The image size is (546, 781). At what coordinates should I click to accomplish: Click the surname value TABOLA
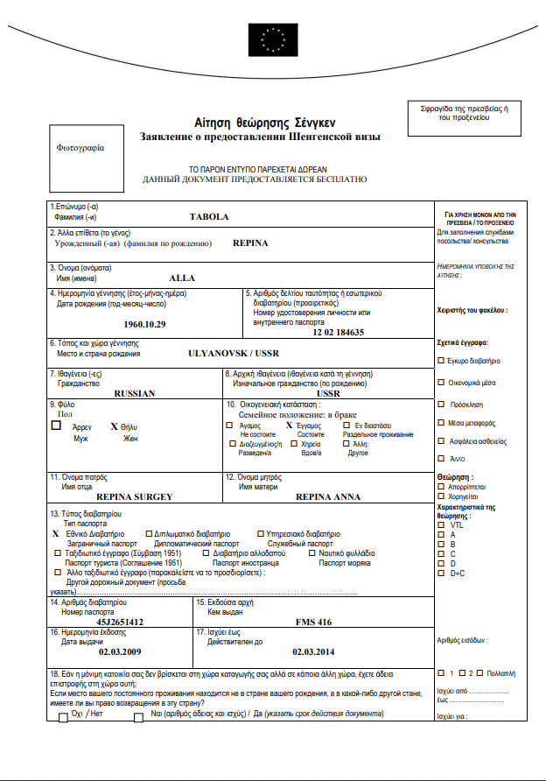208,216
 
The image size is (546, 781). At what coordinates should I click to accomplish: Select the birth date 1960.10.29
144,324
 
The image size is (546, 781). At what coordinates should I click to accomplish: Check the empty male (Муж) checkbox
57,426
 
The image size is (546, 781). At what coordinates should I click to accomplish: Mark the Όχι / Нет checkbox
63,718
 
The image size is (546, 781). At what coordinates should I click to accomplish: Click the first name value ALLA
182,278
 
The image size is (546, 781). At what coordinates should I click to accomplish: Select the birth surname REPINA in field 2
250,243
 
